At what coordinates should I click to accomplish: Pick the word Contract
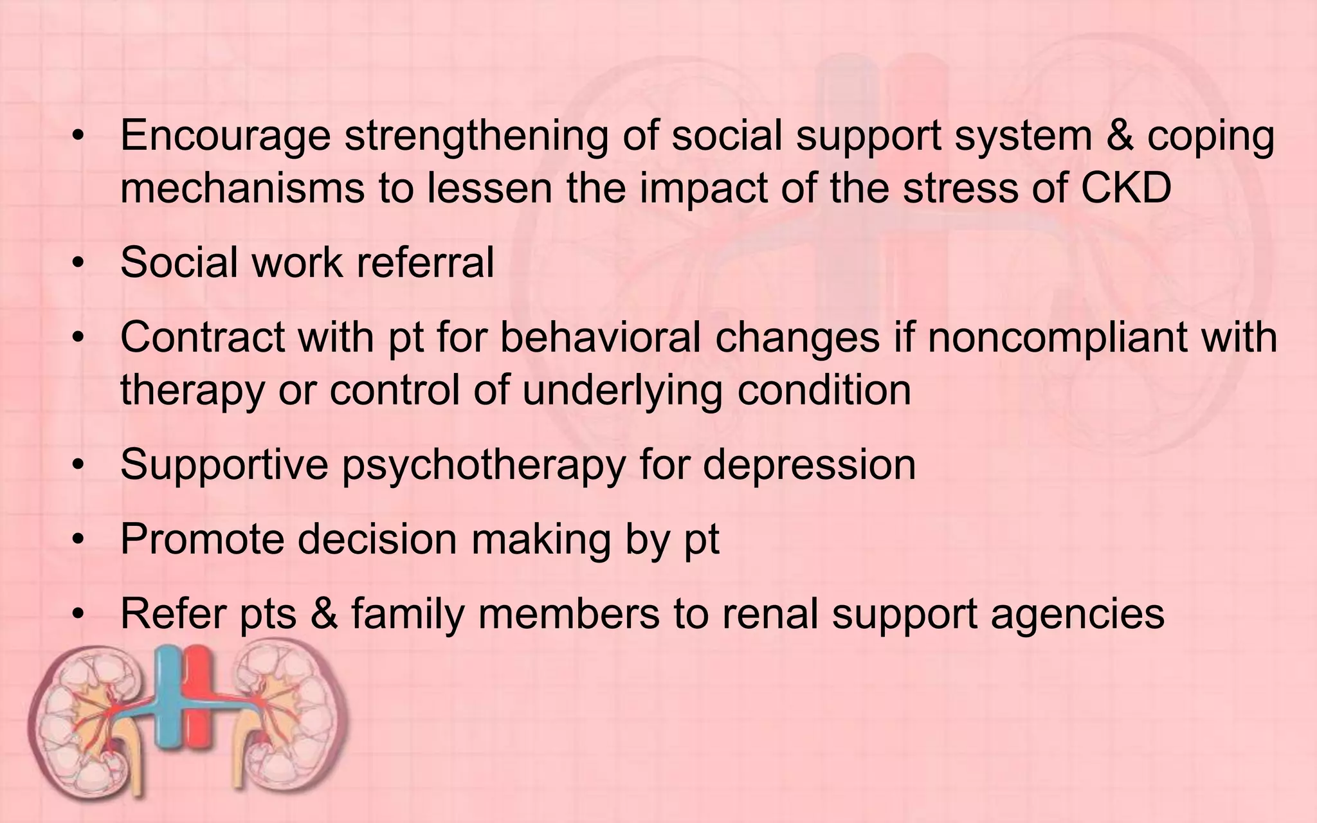[203, 338]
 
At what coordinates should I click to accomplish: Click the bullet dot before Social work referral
[78, 264]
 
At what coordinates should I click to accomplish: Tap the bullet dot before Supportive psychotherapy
[78, 466]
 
